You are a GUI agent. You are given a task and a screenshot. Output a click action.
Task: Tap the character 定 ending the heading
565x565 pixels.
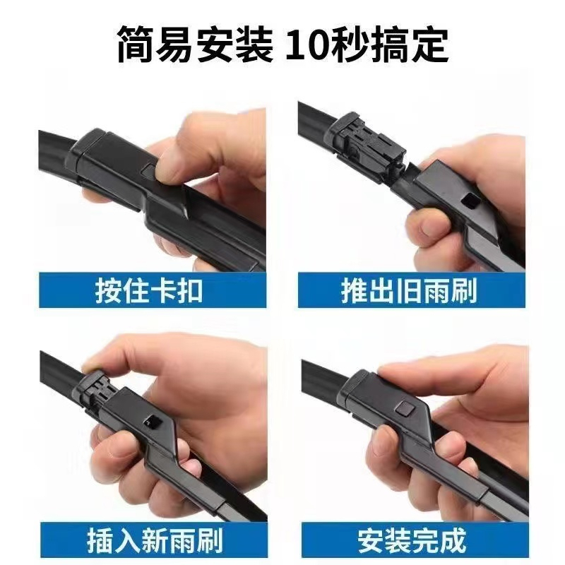point(429,45)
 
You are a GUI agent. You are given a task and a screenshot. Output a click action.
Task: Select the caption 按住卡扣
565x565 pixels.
point(149,291)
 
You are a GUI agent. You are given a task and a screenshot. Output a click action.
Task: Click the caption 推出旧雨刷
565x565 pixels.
point(409,290)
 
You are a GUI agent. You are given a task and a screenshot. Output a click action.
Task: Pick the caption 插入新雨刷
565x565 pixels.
point(155,541)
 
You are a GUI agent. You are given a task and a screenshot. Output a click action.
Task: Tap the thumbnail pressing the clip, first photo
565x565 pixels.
point(153,190)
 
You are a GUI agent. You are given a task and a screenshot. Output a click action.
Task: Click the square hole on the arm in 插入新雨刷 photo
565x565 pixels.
point(151,421)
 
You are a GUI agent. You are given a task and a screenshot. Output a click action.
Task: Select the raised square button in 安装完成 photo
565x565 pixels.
point(405,409)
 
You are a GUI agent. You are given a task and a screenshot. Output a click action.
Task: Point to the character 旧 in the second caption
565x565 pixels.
point(408,290)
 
